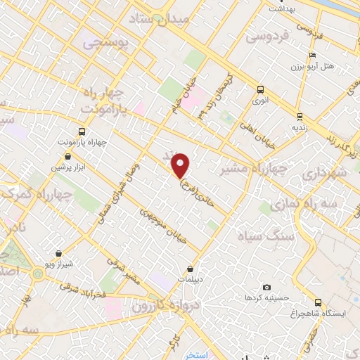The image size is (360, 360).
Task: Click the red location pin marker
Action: tap(181, 165)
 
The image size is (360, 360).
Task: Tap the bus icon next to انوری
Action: tap(261, 89)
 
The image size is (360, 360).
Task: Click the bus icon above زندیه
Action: tap(300, 116)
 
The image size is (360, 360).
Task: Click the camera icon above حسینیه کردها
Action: tap(266, 288)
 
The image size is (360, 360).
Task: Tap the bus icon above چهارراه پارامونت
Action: tap(82, 131)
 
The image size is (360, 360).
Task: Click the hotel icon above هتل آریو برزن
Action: tap(311, 57)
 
